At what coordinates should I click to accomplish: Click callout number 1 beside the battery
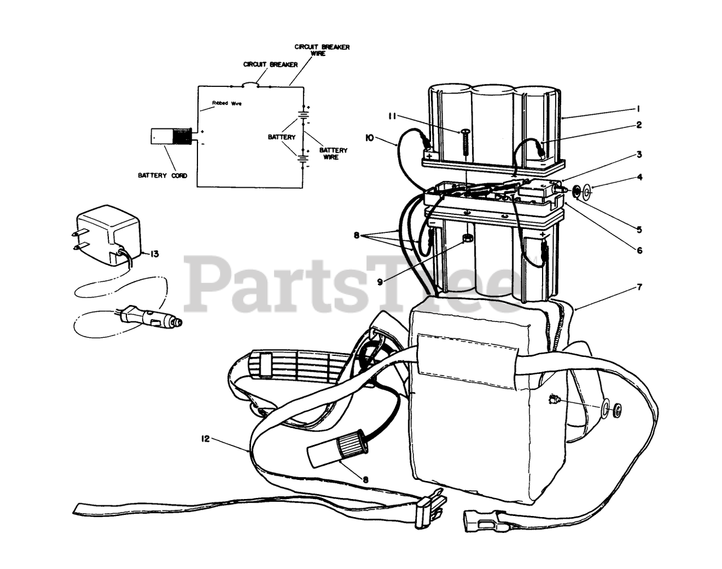(638, 108)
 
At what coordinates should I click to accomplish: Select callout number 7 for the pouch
(639, 288)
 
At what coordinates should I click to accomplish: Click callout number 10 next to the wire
(370, 137)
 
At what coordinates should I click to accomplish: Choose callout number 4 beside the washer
(639, 177)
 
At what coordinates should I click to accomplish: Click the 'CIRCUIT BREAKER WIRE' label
(322, 50)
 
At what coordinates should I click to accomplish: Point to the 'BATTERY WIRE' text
(333, 153)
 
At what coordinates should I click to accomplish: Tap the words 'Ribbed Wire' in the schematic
(226, 103)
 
